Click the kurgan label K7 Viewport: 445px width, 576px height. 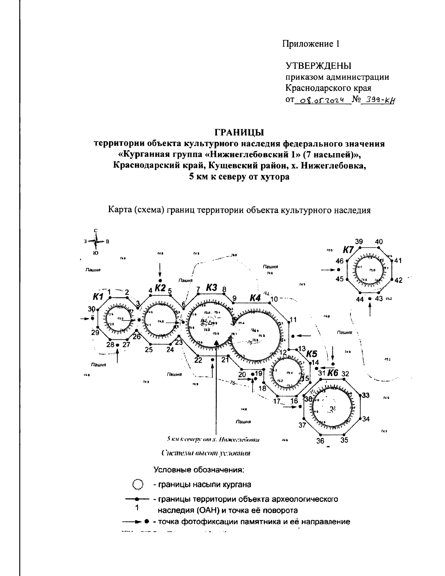pyautogui.click(x=349, y=250)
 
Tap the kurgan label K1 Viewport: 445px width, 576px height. pyautogui.click(x=98, y=296)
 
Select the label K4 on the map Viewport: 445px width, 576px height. pyautogui.click(x=255, y=297)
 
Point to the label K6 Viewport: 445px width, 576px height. pyautogui.click(x=332, y=373)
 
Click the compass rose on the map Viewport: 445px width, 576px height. pyautogui.click(x=96, y=242)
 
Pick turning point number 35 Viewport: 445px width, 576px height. pyautogui.click(x=345, y=440)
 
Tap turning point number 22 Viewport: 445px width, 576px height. pyautogui.click(x=198, y=359)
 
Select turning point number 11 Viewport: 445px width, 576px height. pyautogui.click(x=293, y=320)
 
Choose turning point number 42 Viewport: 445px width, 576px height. pyautogui.click(x=398, y=280)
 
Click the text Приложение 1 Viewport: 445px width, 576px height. pyautogui.click(x=311, y=44)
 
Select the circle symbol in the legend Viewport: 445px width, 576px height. pyautogui.click(x=138, y=485)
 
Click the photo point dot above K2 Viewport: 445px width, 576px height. pyautogui.click(x=160, y=280)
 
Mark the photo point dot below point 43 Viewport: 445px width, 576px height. pyautogui.click(x=370, y=298)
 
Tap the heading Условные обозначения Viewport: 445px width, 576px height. pyautogui.click(x=199, y=470)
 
